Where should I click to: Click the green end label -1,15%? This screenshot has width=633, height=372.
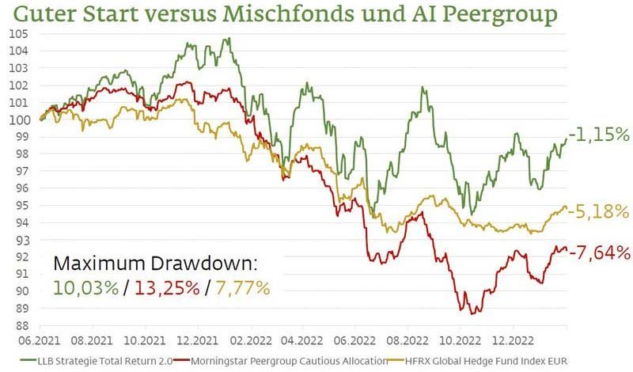(x=599, y=135)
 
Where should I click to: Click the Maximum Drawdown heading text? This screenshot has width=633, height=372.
(x=155, y=264)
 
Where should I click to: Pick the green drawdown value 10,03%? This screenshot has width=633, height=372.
(x=87, y=287)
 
